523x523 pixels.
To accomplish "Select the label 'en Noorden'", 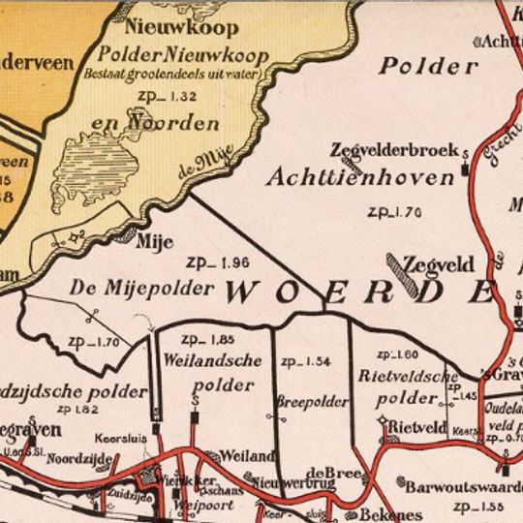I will click(x=169, y=123).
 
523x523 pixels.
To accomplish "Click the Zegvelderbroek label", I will click(x=385, y=151).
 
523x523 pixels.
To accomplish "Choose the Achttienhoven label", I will click(x=359, y=178).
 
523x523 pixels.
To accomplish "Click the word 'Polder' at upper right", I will click(x=428, y=66).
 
